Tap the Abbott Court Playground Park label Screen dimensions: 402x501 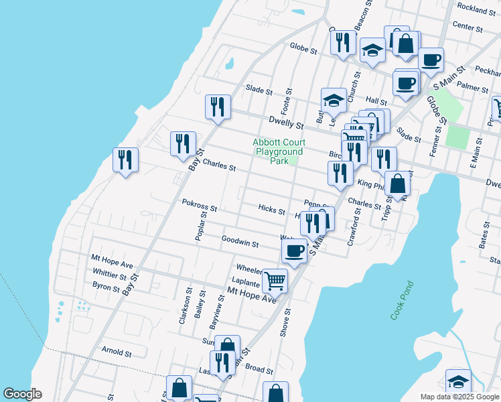pyautogui.click(x=279, y=151)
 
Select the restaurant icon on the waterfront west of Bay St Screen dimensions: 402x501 pyautogui.click(x=125, y=160)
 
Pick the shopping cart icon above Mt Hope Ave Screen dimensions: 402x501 pyautogui.click(x=275, y=281)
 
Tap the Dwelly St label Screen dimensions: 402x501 pyautogui.click(x=286, y=121)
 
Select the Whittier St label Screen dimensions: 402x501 pyautogui.click(x=109, y=276)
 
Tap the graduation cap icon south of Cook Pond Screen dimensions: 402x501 pyautogui.click(x=458, y=381)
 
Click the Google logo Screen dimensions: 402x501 pyautogui.click(x=22, y=394)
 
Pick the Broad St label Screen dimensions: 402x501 pyautogui.click(x=259, y=370)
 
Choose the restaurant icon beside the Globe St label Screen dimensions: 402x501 pyautogui.click(x=343, y=42)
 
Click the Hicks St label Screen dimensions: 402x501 pyautogui.click(x=271, y=210)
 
